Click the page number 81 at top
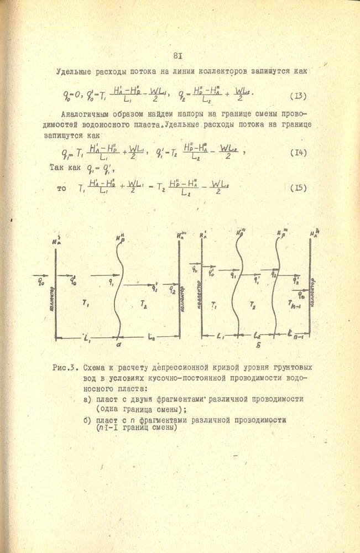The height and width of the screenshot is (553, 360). (x=178, y=55)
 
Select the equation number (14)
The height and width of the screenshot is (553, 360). (x=298, y=152)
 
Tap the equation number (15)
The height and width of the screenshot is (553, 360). (x=298, y=187)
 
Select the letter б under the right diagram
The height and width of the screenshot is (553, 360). (x=259, y=346)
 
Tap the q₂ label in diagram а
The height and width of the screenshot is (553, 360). (x=173, y=289)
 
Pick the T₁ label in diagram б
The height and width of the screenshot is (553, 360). (x=214, y=306)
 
